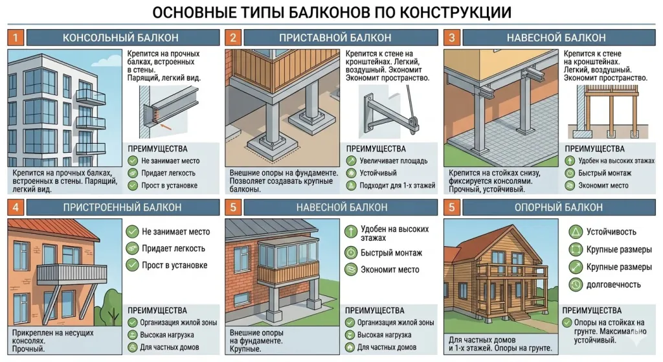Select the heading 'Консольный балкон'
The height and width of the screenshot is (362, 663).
pos(120,38)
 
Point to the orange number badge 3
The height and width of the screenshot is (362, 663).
pos(451,38)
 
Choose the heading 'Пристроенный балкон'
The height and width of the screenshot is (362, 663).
pos(122,207)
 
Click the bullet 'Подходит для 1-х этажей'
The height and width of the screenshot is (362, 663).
pos(395,185)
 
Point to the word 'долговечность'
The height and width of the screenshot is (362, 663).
pos(613,284)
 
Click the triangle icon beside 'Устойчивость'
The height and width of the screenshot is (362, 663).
pos(573,231)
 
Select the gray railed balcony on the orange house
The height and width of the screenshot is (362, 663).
pos(71,273)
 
